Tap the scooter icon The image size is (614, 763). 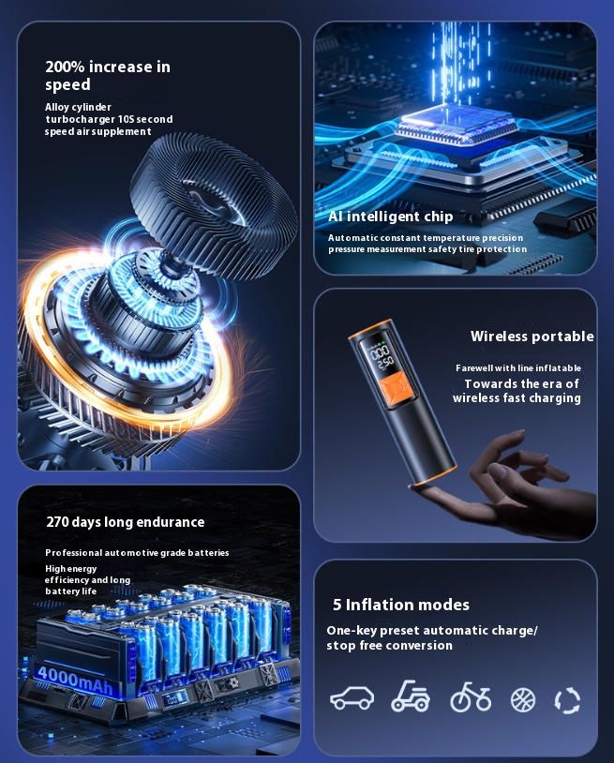pyautogui.click(x=411, y=696)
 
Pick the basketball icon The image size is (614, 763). pyautogui.click(x=523, y=700)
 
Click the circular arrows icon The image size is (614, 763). pyautogui.click(x=568, y=701)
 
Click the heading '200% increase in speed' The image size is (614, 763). pyautogui.click(x=108, y=75)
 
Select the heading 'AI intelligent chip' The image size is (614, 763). pyautogui.click(x=391, y=217)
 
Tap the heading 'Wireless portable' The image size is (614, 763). pyautogui.click(x=532, y=337)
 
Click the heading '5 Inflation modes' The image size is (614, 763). pyautogui.click(x=401, y=605)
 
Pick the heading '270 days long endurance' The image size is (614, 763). pyautogui.click(x=125, y=522)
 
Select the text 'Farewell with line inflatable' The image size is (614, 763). pyautogui.click(x=518, y=368)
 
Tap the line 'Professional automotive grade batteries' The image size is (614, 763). pyautogui.click(x=137, y=553)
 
